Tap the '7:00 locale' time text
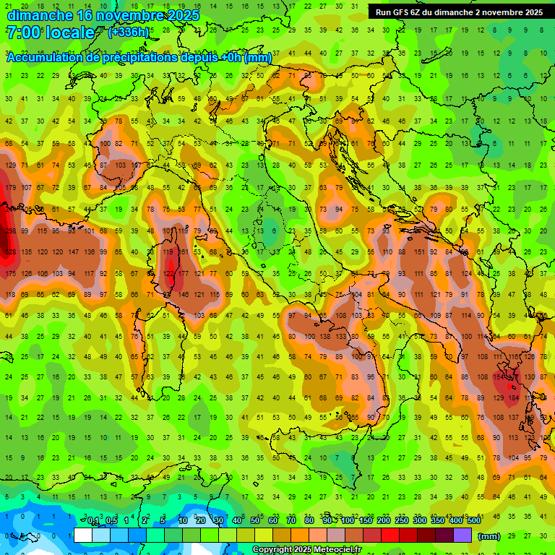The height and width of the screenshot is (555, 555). point(50,33)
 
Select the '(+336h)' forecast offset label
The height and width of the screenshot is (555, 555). point(129,33)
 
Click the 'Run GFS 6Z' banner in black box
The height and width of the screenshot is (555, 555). point(459,12)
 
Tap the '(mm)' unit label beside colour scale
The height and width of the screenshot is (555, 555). point(489,536)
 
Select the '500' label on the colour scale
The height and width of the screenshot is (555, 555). point(474,521)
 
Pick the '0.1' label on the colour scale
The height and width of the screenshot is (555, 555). point(92,521)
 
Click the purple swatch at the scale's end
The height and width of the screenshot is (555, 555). point(462,535)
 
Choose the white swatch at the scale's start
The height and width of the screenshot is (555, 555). point(83,535)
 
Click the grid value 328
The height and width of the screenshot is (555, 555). point(10,252)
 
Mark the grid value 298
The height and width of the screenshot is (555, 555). point(10,231)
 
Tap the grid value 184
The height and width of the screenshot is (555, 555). point(513,398)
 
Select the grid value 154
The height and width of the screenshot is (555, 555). point(498,377)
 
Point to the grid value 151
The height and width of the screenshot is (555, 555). point(419,252)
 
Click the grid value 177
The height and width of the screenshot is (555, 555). point(184,274)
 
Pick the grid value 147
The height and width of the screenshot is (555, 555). point(73,252)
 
